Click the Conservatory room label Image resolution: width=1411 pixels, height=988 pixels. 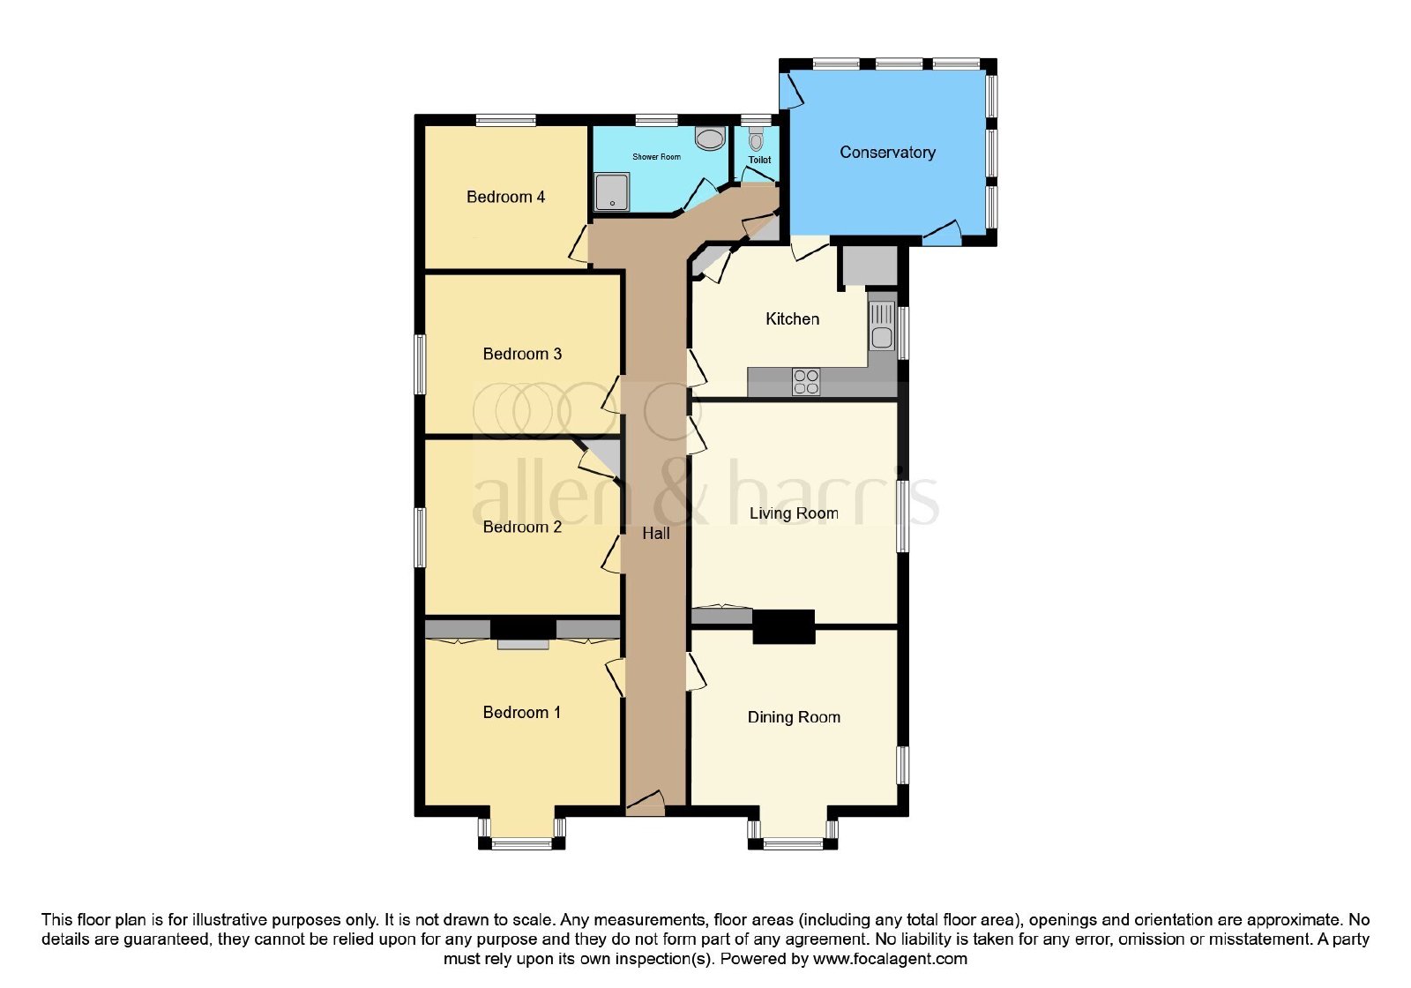[887, 153]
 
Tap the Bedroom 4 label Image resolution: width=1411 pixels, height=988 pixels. [505, 198]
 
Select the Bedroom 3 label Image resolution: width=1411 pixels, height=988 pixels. [522, 354]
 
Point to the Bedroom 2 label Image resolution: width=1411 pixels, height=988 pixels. [522, 527]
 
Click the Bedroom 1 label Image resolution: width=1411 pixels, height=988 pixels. [521, 712]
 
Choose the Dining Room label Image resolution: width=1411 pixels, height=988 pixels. [794, 717]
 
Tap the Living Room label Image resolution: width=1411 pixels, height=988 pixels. [794, 513]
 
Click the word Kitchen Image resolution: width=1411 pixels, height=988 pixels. [793, 318]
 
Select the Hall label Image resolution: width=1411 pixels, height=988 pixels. [656, 534]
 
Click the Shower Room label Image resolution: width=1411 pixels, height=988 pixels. [656, 157]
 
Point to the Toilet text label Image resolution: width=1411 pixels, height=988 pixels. [759, 160]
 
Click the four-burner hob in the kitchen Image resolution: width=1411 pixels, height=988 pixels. [806, 382]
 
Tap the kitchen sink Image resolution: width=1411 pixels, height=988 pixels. [882, 326]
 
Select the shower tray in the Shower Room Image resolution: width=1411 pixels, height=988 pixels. [612, 192]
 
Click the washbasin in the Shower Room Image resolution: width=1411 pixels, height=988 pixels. [711, 138]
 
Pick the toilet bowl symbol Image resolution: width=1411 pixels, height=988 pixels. [756, 138]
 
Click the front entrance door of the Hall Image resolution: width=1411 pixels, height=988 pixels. [646, 805]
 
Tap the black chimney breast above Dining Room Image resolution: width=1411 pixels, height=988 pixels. [784, 627]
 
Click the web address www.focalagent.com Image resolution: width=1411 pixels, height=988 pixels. [890, 959]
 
